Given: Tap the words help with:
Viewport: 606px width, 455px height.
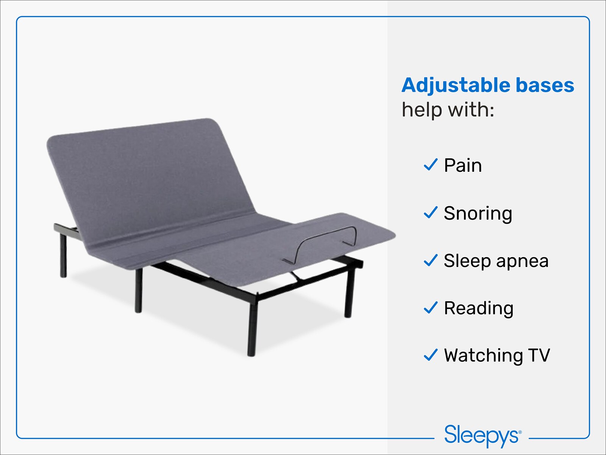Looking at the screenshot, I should pyautogui.click(x=448, y=110).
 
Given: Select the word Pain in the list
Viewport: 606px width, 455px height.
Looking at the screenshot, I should pyautogui.click(x=463, y=166).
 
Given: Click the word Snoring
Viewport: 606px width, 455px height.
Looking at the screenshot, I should pyautogui.click(x=478, y=213).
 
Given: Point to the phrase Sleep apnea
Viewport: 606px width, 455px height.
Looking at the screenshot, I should pyautogui.click(x=496, y=261).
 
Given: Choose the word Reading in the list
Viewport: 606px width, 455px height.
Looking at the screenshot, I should pyautogui.click(x=479, y=308).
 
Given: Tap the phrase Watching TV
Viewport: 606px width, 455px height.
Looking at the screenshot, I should pyautogui.click(x=497, y=356).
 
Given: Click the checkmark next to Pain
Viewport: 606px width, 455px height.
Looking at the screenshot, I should pyautogui.click(x=431, y=165).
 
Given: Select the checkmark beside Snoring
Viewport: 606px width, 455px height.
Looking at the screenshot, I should pyautogui.click(x=431, y=213).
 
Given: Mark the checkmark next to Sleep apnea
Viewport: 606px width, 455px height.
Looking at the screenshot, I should pyautogui.click(x=431, y=260).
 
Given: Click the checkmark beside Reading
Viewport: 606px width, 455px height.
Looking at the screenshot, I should pyautogui.click(x=431, y=308).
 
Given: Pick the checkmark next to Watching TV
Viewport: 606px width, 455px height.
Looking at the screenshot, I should pyautogui.click(x=431, y=355).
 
